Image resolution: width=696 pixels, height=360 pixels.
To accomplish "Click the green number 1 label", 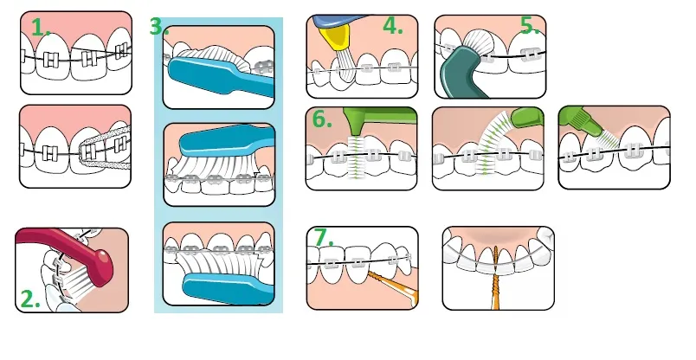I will pyautogui.click(x=41, y=27).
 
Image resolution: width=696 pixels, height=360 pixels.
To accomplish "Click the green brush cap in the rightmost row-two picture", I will pyautogui.click(x=576, y=121).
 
